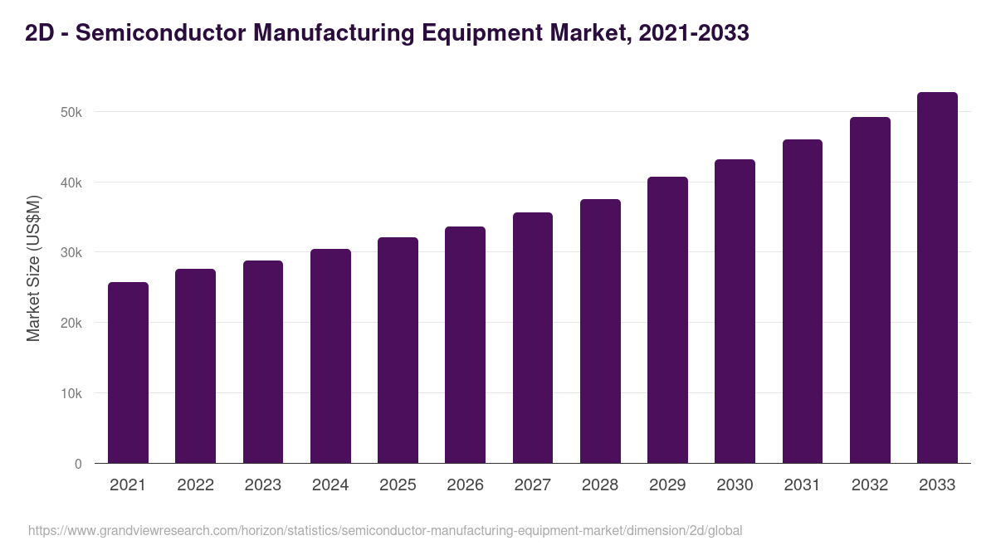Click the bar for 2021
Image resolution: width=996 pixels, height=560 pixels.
point(128,373)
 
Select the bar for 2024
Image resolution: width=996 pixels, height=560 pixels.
point(330,356)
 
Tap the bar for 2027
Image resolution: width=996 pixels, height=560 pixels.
point(532,338)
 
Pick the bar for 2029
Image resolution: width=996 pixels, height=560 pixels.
point(667,319)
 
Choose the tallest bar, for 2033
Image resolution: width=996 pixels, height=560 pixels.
point(937,277)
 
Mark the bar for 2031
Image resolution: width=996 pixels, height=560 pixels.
point(802,301)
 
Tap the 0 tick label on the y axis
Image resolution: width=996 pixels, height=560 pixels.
point(78,464)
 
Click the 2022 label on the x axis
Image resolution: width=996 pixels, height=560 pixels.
point(195,485)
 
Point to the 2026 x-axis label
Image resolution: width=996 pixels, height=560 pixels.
point(465,485)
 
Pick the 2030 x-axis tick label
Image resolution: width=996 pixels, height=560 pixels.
point(735,485)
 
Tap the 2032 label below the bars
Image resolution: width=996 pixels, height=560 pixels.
point(870,485)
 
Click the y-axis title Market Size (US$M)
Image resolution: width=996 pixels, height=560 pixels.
point(33,268)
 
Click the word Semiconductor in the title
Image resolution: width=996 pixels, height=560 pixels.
point(159,33)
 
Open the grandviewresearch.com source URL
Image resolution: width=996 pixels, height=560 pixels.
point(385,530)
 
